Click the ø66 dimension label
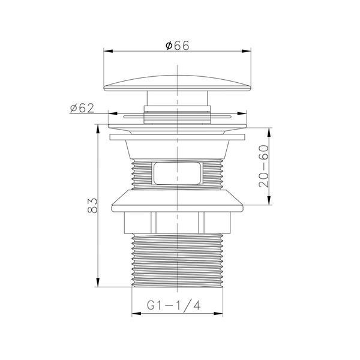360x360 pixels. (x=177, y=46)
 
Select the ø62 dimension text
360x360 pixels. (x=82, y=108)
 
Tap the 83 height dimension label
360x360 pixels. (x=92, y=205)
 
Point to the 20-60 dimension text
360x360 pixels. (x=263, y=166)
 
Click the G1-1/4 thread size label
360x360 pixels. (x=174, y=305)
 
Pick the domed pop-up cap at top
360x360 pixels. (x=177, y=83)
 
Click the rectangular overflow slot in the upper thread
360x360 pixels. (x=177, y=173)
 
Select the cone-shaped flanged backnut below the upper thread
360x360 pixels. (x=177, y=201)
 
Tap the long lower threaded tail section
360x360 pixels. (x=177, y=260)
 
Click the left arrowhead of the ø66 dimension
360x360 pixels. (x=108, y=51)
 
